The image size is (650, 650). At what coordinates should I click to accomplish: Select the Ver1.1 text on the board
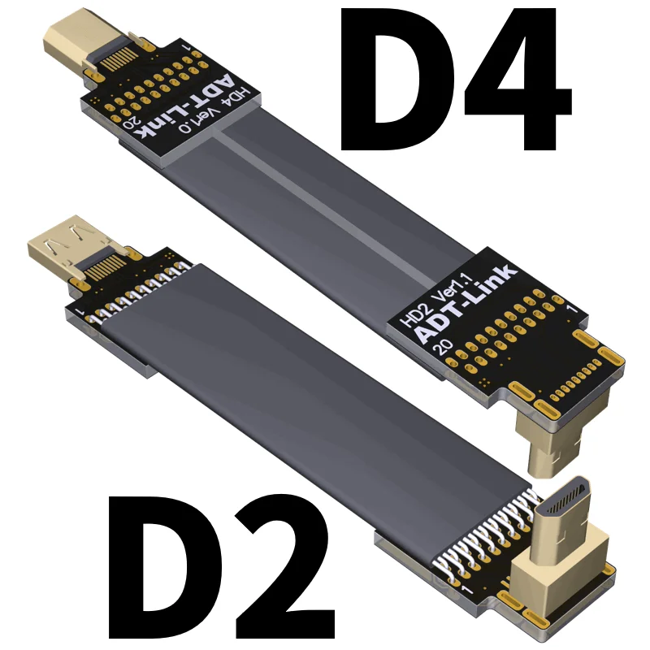[455, 289]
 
